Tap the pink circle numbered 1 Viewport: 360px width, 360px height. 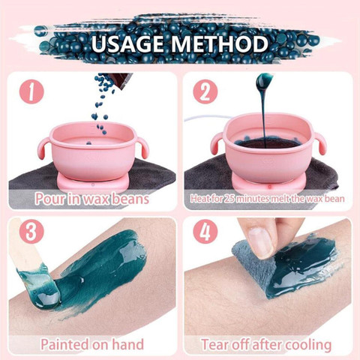tap(31, 92)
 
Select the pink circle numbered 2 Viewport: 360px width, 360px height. tap(205, 92)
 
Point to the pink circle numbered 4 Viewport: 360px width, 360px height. tap(205, 232)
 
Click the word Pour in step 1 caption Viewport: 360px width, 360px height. tap(50, 199)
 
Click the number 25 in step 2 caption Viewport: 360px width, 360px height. tap(229, 199)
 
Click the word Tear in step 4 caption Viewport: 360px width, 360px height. tap(214, 344)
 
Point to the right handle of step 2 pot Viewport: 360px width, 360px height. tap(319, 145)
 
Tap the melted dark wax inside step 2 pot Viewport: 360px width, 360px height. tap(265, 143)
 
